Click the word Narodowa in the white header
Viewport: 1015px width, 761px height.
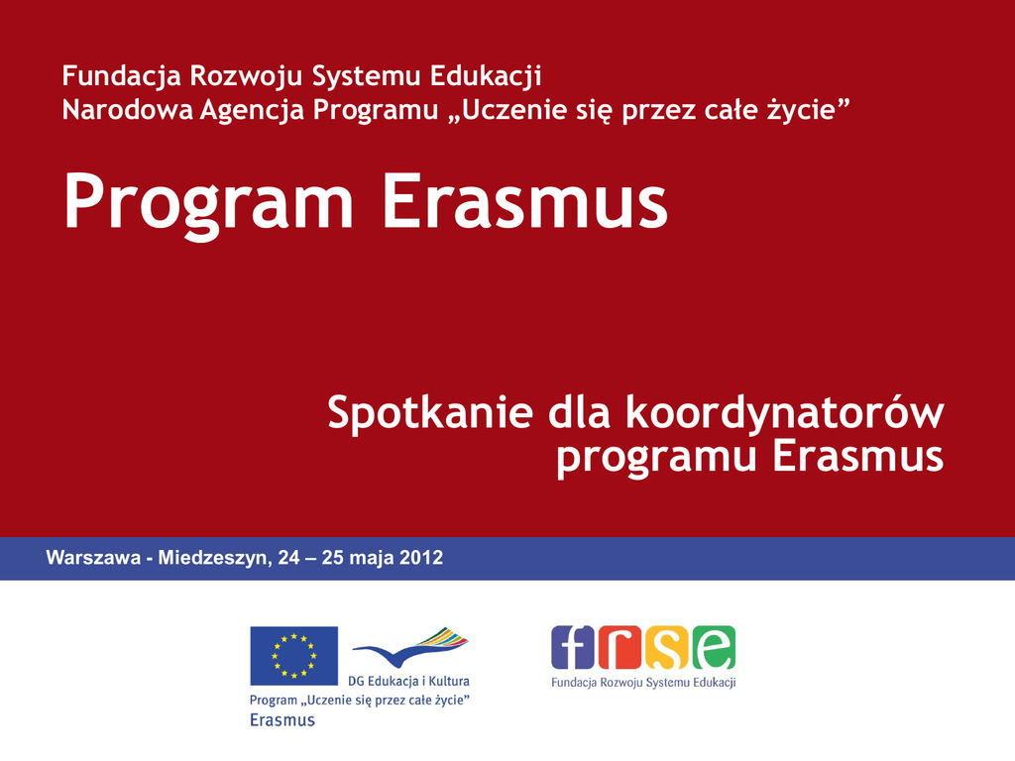(x=128, y=109)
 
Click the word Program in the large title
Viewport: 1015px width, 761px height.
(x=208, y=203)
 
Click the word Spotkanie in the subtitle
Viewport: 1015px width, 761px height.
(x=430, y=413)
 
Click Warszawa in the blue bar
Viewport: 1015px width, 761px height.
(x=93, y=558)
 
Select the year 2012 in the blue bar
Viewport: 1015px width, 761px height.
(x=420, y=558)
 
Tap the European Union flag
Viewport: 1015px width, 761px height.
(x=293, y=656)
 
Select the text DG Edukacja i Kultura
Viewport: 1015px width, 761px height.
(x=408, y=682)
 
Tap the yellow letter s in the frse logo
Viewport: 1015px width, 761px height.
(x=667, y=647)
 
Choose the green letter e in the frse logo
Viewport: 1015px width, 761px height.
(x=714, y=647)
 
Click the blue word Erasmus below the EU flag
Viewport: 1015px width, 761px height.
(x=282, y=720)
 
